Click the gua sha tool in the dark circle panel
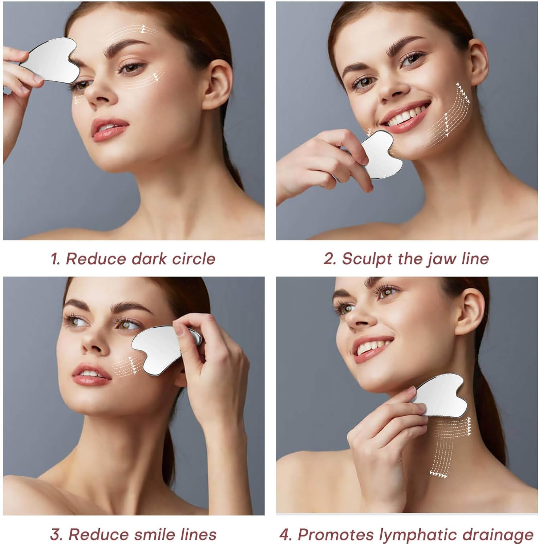(x=51, y=60)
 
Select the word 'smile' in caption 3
(x=155, y=534)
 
